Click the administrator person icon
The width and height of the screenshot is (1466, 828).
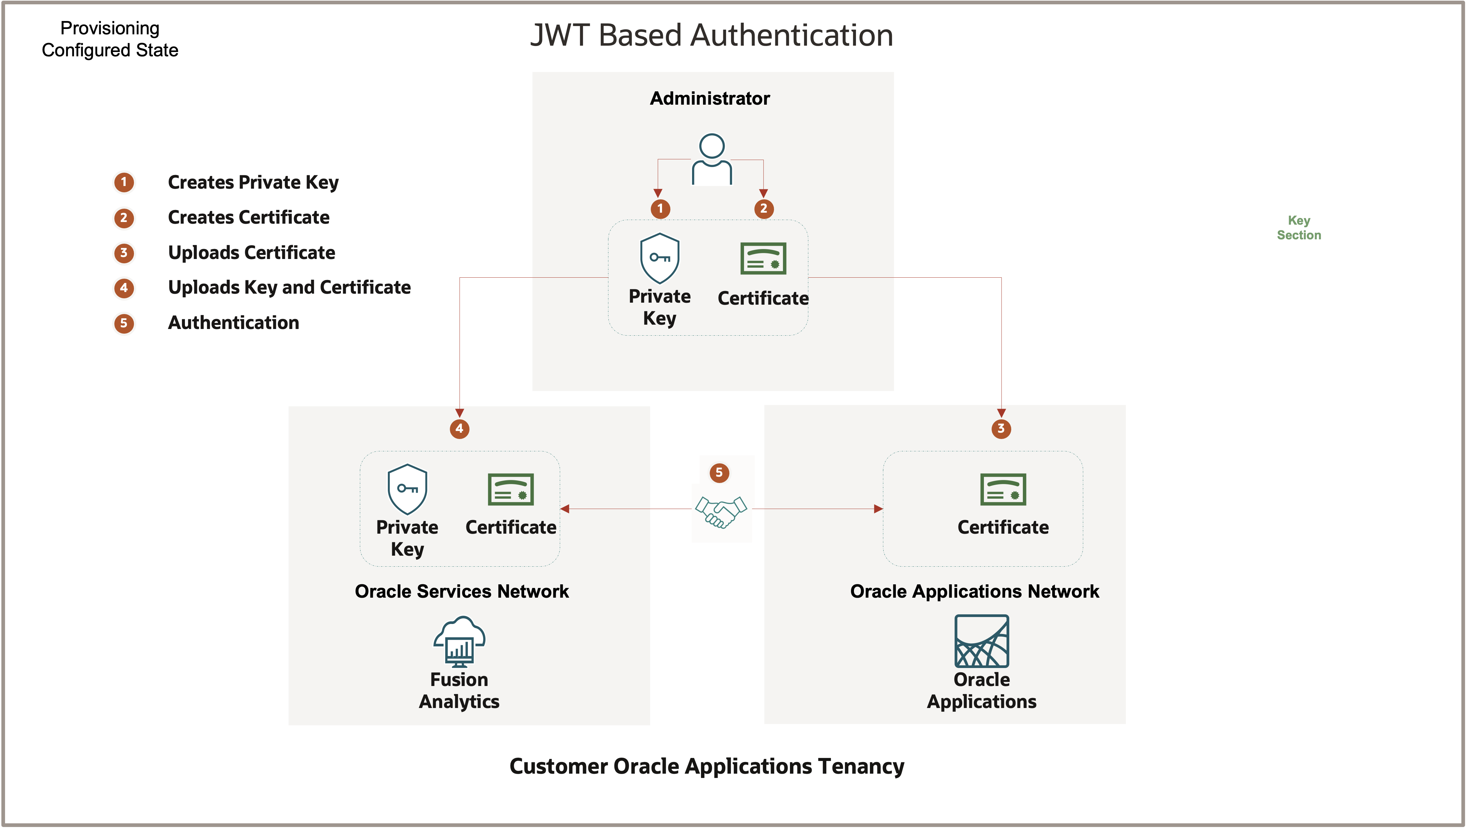(711, 159)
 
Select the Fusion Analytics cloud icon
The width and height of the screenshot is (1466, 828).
(459, 641)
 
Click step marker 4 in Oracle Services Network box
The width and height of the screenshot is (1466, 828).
(459, 429)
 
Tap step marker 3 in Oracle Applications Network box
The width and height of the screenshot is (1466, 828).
(1001, 429)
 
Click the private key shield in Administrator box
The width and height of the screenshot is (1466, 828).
(660, 258)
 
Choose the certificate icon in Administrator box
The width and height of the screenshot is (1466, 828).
(763, 259)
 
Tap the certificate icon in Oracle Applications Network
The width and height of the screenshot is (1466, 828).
(1003, 489)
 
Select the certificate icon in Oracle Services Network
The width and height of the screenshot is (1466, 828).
(510, 489)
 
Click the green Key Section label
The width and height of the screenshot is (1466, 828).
(1299, 228)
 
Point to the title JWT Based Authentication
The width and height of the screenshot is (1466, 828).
(711, 35)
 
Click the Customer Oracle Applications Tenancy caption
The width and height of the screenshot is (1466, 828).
(706, 766)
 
